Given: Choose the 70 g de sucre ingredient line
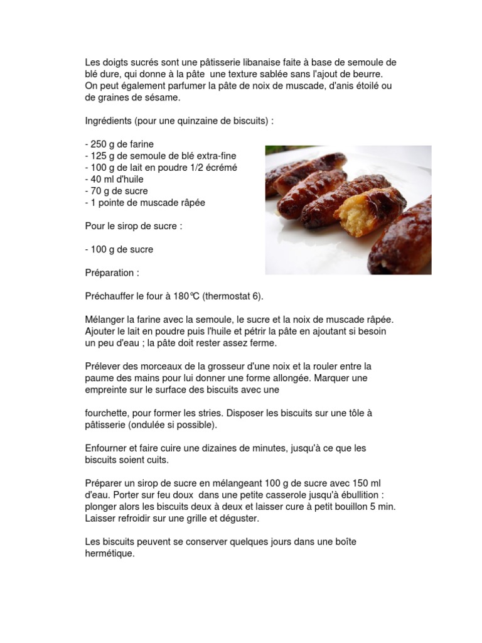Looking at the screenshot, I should point(116,191).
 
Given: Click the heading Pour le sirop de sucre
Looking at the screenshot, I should point(134,226).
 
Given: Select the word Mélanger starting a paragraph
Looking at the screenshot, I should point(105,320).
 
